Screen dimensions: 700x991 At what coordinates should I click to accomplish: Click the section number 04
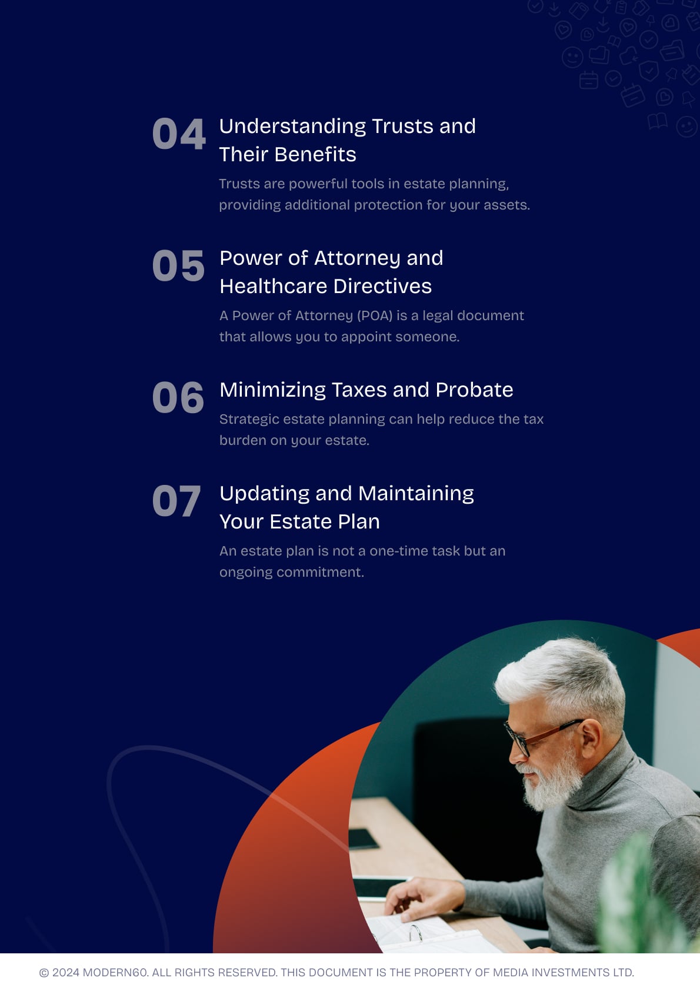[x=179, y=134]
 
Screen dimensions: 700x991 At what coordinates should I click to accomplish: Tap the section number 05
[x=179, y=265]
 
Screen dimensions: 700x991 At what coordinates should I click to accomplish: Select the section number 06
[x=178, y=397]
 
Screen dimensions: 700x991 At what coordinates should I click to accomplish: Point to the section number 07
[x=176, y=501]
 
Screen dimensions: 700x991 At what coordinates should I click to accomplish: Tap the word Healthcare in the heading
[x=274, y=286]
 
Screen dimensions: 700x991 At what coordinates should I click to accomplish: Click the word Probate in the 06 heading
[x=474, y=390]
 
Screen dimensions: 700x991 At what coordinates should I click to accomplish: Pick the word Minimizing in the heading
[x=273, y=391]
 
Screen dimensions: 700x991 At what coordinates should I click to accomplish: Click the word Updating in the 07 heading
[x=265, y=494]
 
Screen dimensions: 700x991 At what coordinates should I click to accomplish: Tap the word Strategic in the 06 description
[x=249, y=420]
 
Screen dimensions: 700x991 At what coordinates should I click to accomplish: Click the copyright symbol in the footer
[x=44, y=973]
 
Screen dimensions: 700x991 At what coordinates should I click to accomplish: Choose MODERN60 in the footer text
[x=115, y=972]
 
